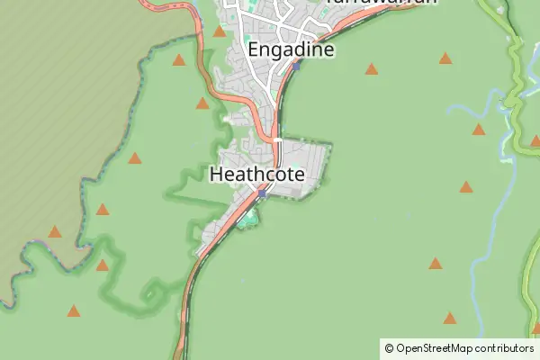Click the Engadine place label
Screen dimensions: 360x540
291,49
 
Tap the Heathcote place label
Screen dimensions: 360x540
256,175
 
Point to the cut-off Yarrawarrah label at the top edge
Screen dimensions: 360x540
382,3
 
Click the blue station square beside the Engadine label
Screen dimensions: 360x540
296,65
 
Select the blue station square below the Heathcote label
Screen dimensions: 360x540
262,193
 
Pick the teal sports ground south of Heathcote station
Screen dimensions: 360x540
247,219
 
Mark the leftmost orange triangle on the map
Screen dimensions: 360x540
56,232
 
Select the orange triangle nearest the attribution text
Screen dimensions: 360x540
449,318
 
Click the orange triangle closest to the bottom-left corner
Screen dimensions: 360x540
73,311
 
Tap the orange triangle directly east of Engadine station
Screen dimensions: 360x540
371,67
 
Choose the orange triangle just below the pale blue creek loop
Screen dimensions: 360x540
479,130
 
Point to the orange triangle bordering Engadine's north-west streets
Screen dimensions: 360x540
219,31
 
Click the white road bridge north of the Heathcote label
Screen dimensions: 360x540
278,141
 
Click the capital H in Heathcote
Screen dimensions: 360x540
216,175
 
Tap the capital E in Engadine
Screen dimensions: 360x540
253,49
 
